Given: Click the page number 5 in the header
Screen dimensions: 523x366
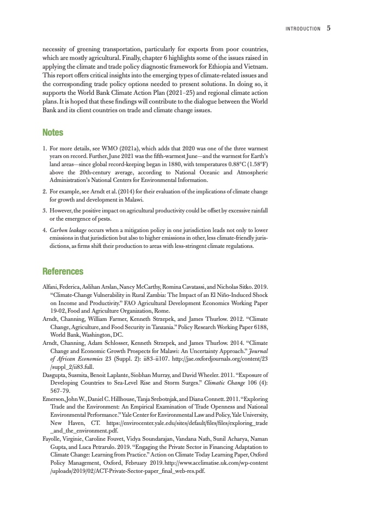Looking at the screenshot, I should pos(329,29).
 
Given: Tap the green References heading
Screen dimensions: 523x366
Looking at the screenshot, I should pos(63,271).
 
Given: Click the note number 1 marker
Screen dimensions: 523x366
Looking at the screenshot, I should pos(44,148).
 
